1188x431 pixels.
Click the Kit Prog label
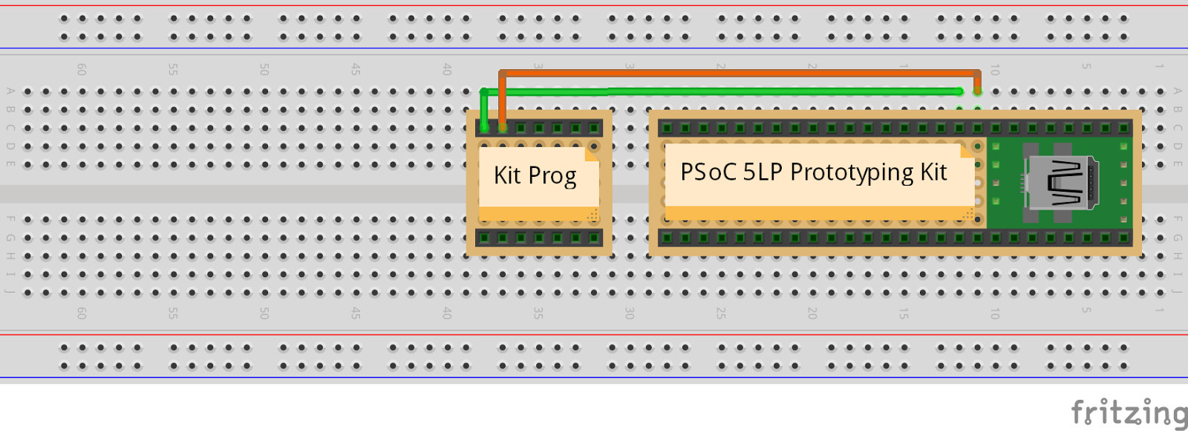tap(535, 176)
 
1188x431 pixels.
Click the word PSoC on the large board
tap(708, 172)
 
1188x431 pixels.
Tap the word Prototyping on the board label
tap(852, 173)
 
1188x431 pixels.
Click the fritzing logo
tap(1129, 412)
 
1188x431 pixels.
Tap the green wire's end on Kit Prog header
tap(484, 126)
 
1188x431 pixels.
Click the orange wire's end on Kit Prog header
tap(503, 126)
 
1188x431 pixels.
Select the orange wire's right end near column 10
tap(977, 89)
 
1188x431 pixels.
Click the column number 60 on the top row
tap(82, 69)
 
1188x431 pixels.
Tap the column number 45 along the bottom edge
tap(356, 313)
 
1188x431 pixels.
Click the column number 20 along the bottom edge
tap(812, 313)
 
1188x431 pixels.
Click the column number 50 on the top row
tap(264, 69)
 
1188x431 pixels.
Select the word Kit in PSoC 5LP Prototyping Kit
tap(934, 172)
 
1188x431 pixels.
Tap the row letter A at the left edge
tap(10, 91)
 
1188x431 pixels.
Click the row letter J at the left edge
tap(10, 291)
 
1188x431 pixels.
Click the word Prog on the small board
tap(552, 177)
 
